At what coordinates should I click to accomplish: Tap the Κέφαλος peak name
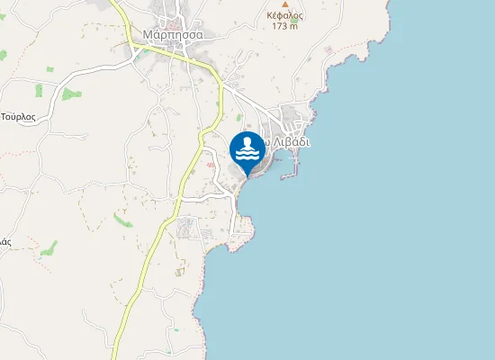(285, 15)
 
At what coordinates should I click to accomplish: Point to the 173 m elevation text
(285, 26)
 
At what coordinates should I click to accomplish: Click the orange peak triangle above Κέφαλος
(285, 4)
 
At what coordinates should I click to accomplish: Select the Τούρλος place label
(17, 117)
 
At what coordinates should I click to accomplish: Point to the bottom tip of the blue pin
(247, 176)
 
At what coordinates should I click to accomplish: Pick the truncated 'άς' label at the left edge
(4, 242)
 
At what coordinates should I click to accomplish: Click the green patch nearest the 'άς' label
(49, 247)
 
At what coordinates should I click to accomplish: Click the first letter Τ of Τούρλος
(4, 117)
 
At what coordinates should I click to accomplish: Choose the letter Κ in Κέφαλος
(270, 15)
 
